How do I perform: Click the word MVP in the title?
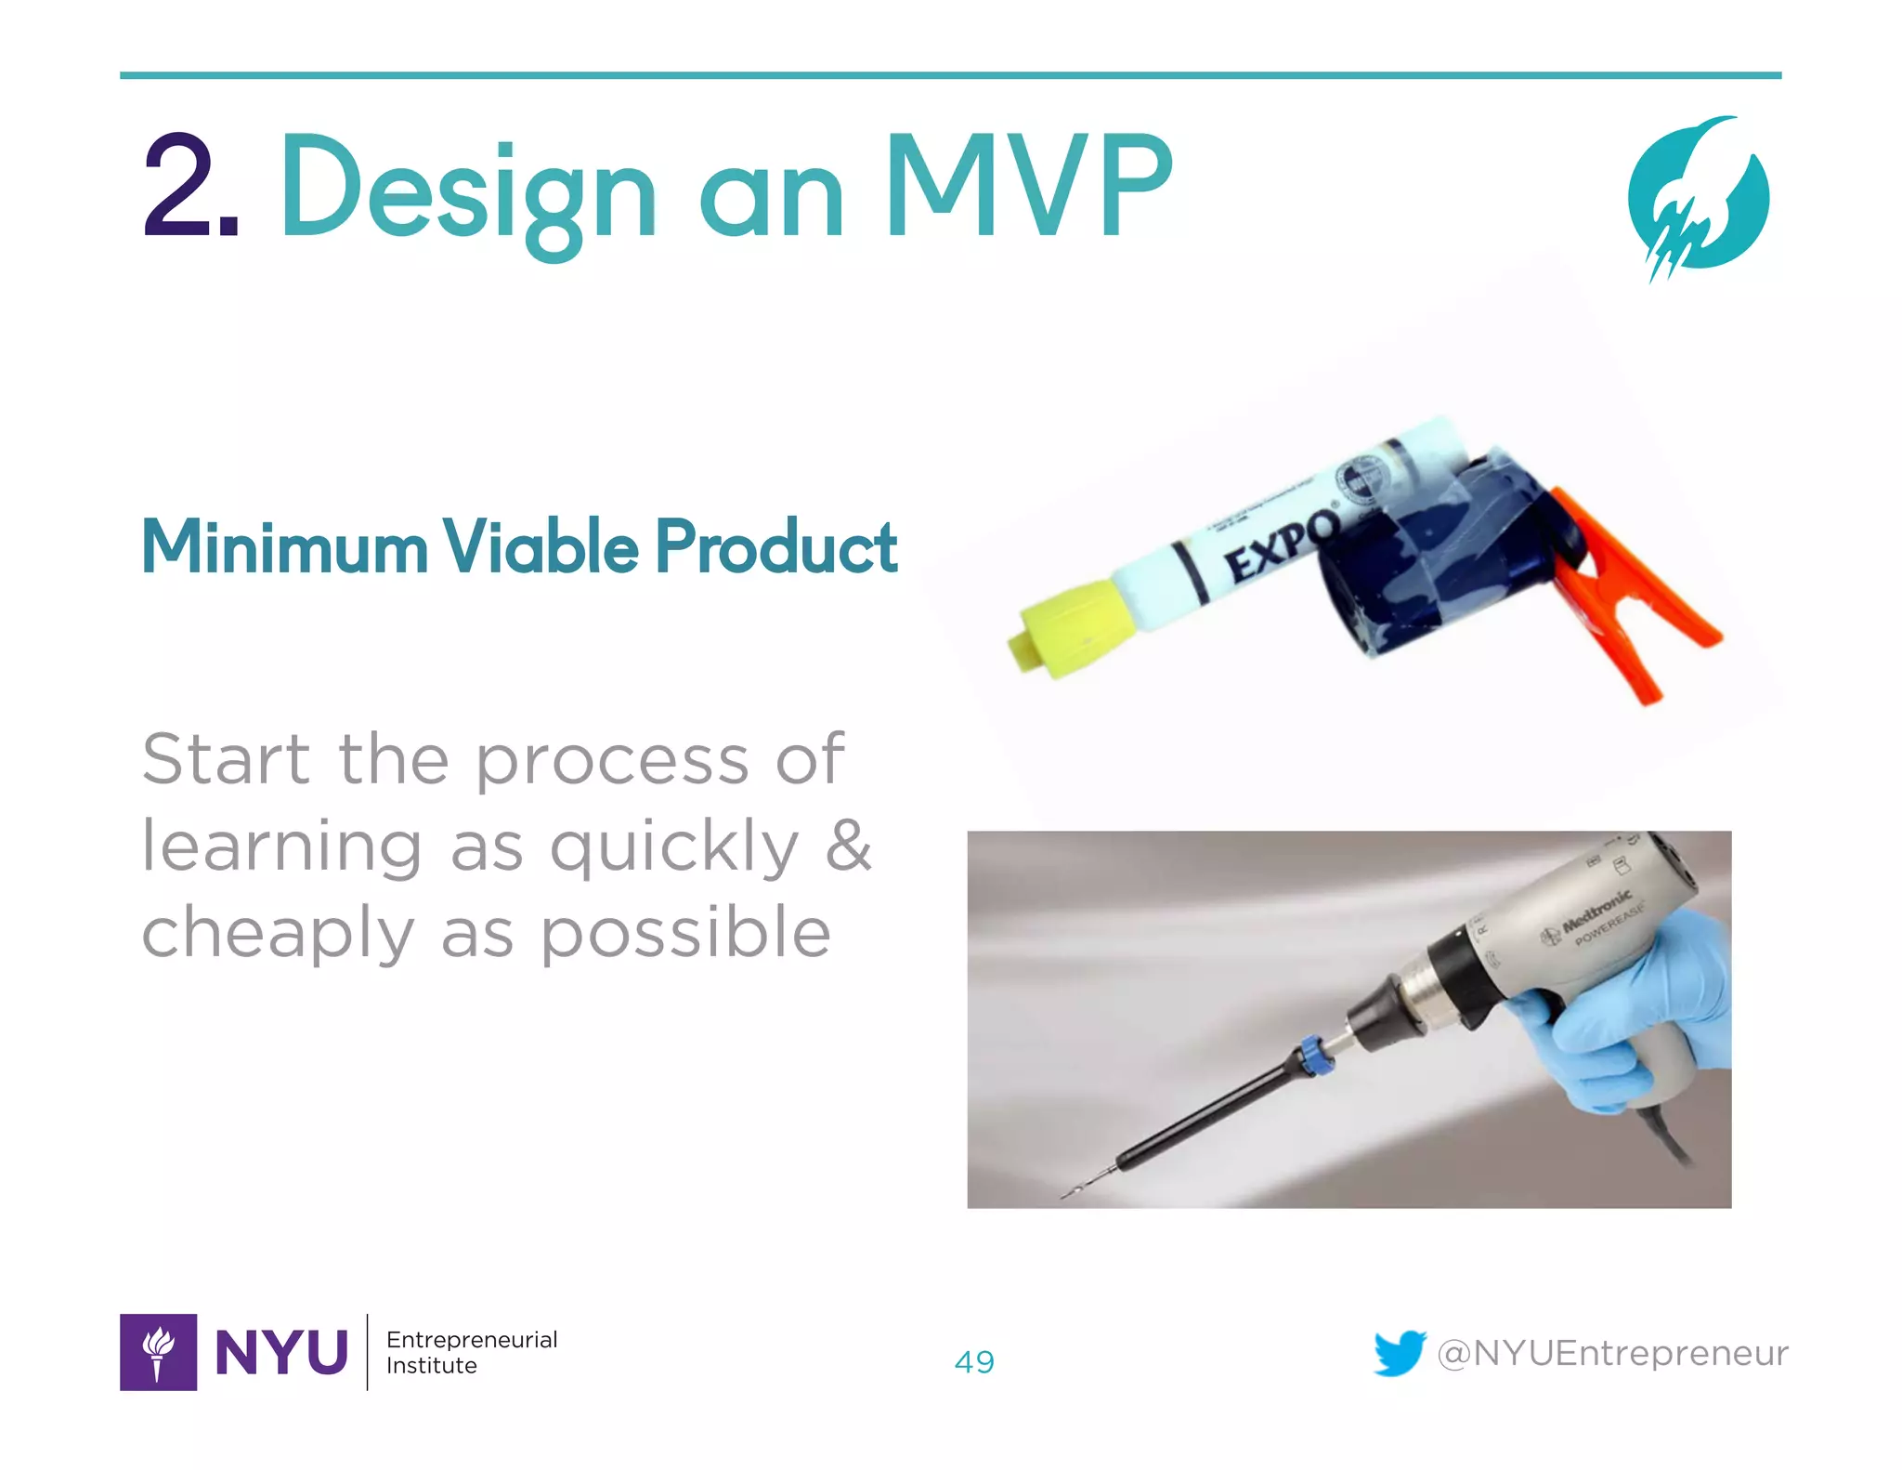pos(1029,186)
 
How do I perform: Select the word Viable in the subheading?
pos(540,546)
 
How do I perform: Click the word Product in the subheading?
pos(776,546)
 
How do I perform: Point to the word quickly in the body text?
pos(674,847)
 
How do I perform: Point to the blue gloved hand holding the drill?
pos(1635,1013)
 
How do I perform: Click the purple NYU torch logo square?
pos(158,1352)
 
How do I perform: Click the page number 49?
pos(974,1362)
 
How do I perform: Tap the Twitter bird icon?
pos(1399,1353)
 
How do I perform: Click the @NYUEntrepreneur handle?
pos(1612,1353)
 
